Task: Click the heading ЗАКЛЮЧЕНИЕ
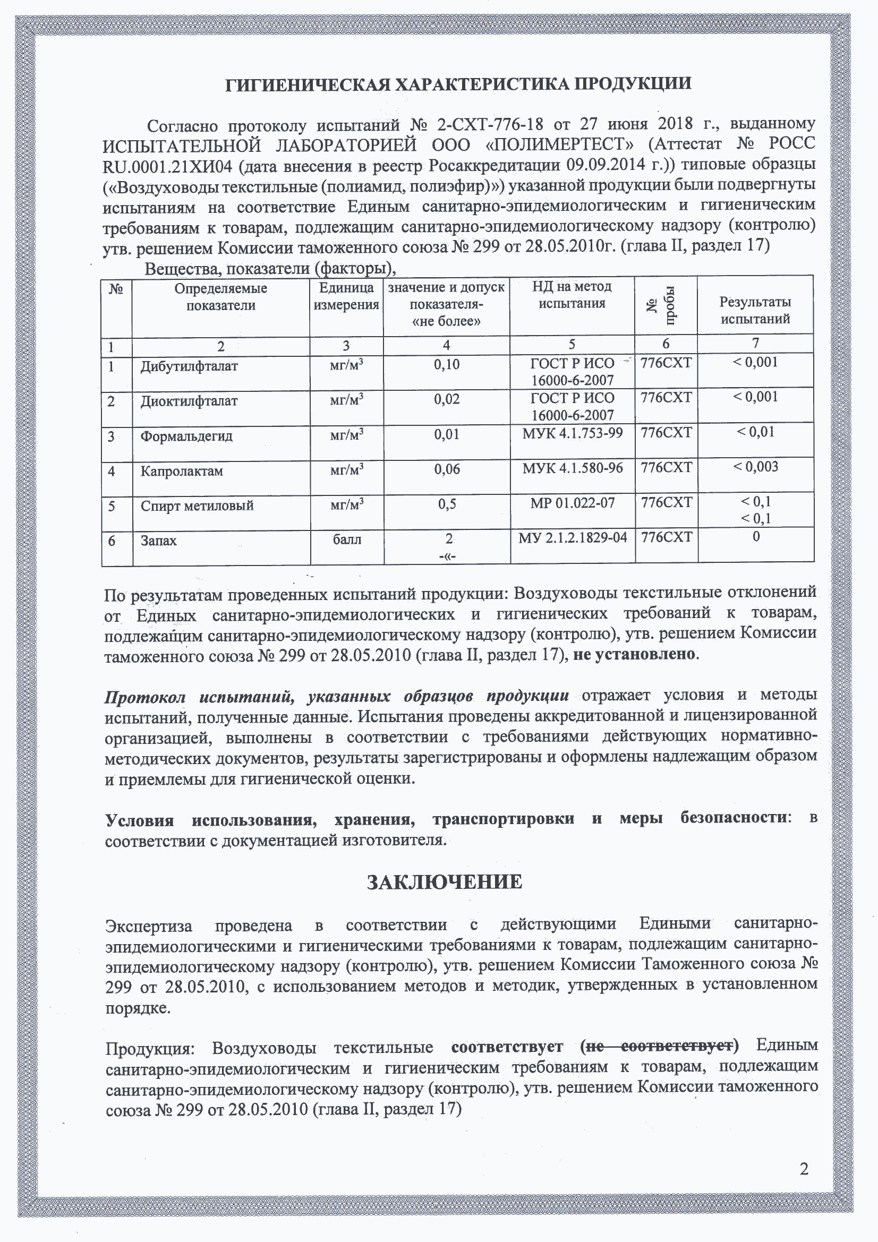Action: point(445,883)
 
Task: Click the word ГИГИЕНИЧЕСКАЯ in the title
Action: point(306,84)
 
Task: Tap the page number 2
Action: point(804,1169)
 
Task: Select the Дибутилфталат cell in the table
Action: point(189,366)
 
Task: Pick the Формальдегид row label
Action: point(186,436)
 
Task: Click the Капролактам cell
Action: point(181,471)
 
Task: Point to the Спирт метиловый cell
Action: point(197,506)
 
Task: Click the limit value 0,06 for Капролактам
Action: point(446,469)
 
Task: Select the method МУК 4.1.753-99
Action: point(573,433)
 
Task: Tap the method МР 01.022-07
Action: point(573,503)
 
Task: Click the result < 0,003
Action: point(756,467)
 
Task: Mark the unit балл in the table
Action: point(347,539)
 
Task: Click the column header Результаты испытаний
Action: point(755,310)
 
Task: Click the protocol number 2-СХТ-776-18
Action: point(490,124)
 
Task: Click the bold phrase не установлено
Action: point(634,655)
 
